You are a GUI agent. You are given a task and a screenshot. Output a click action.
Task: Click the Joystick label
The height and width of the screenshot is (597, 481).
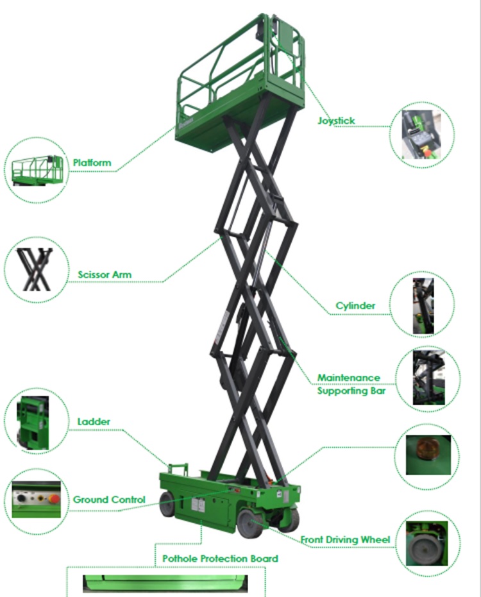pyautogui.click(x=336, y=121)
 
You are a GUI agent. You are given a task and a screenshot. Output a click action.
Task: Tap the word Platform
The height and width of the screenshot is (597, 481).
pyautogui.click(x=92, y=163)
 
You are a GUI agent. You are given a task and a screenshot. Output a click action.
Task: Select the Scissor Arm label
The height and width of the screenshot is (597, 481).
pyautogui.click(x=105, y=274)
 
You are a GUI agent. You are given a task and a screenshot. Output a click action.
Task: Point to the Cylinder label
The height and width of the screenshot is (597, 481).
pyautogui.click(x=355, y=306)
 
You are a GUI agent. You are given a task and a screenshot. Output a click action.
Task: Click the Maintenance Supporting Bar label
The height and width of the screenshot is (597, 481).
pyautogui.click(x=351, y=384)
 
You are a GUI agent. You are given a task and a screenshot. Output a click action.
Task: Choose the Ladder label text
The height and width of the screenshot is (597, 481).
pyautogui.click(x=94, y=421)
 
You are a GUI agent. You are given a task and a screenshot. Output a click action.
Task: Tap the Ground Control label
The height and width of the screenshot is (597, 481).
pyautogui.click(x=109, y=500)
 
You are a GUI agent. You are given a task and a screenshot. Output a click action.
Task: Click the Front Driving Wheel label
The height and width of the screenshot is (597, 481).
pyautogui.click(x=345, y=539)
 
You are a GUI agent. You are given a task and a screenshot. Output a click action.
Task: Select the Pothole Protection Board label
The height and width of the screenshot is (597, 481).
pyautogui.click(x=220, y=559)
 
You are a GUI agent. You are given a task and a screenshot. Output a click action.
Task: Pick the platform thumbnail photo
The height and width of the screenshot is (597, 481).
pyautogui.click(x=37, y=170)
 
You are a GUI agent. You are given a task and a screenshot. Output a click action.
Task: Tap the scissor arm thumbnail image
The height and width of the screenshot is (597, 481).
pyautogui.click(x=35, y=269)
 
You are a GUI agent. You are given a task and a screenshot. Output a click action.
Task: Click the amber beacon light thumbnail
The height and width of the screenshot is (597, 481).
pyautogui.click(x=428, y=455)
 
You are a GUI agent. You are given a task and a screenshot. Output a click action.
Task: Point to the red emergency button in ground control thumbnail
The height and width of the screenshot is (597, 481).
pyautogui.click(x=55, y=499)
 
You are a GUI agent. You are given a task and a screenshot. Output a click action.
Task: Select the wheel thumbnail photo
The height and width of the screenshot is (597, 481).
pyautogui.click(x=426, y=544)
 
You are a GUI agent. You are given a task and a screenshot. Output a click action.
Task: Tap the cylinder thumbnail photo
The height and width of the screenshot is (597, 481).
pyautogui.click(x=423, y=306)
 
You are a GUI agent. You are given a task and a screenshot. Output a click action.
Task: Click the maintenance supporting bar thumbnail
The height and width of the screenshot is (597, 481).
pyautogui.click(x=428, y=378)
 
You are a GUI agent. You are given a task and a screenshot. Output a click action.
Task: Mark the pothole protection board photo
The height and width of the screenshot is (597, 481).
pyautogui.click(x=165, y=584)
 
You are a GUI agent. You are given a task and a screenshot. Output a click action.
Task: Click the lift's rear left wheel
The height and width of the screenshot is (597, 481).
pyautogui.click(x=167, y=503)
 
